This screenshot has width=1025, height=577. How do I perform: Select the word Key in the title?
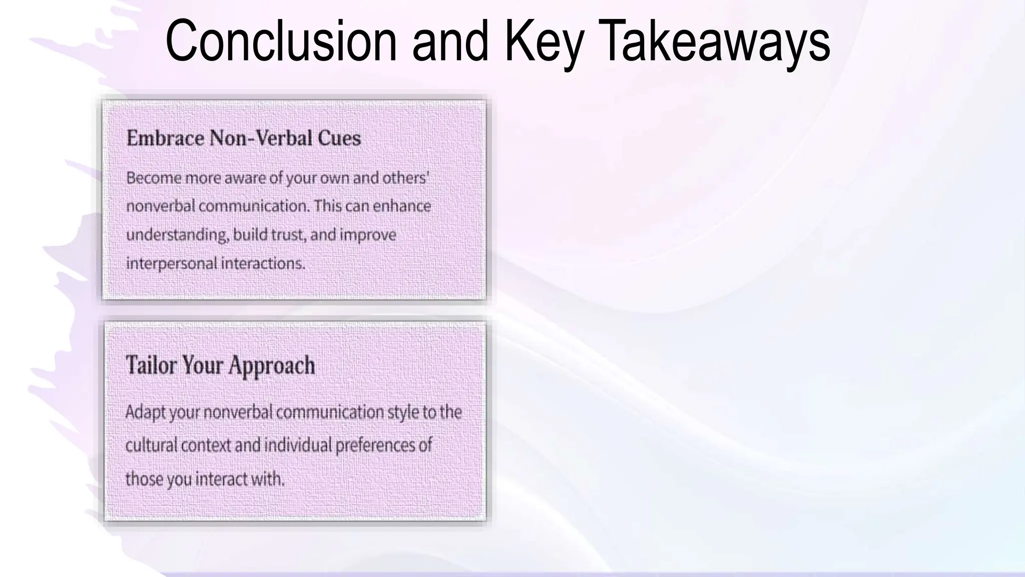[x=544, y=41]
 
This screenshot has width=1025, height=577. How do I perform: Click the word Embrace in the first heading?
[x=165, y=138]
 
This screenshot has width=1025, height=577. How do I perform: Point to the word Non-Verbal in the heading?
[x=261, y=138]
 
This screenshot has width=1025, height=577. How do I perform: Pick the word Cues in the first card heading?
[x=339, y=138]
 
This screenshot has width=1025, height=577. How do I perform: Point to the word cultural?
[x=151, y=445]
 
